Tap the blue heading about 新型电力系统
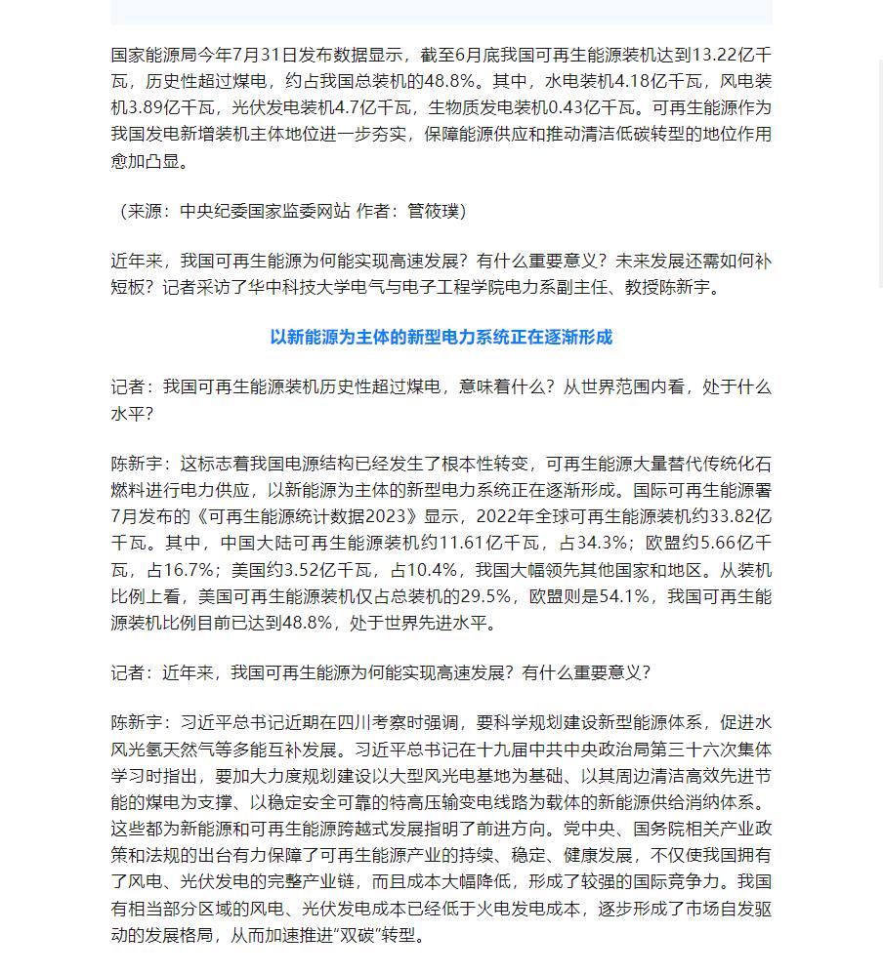(x=441, y=337)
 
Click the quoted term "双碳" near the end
(x=354, y=936)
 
